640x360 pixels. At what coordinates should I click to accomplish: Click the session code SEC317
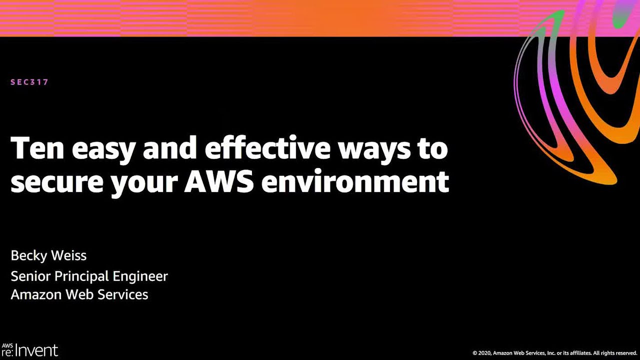pos(29,82)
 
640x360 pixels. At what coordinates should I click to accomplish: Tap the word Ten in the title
pos(37,148)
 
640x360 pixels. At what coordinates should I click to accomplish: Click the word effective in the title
pos(267,148)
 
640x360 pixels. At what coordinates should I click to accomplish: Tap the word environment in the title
pos(355,181)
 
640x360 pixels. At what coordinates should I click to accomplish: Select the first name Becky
pos(28,256)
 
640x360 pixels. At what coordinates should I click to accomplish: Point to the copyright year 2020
pos(484,353)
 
